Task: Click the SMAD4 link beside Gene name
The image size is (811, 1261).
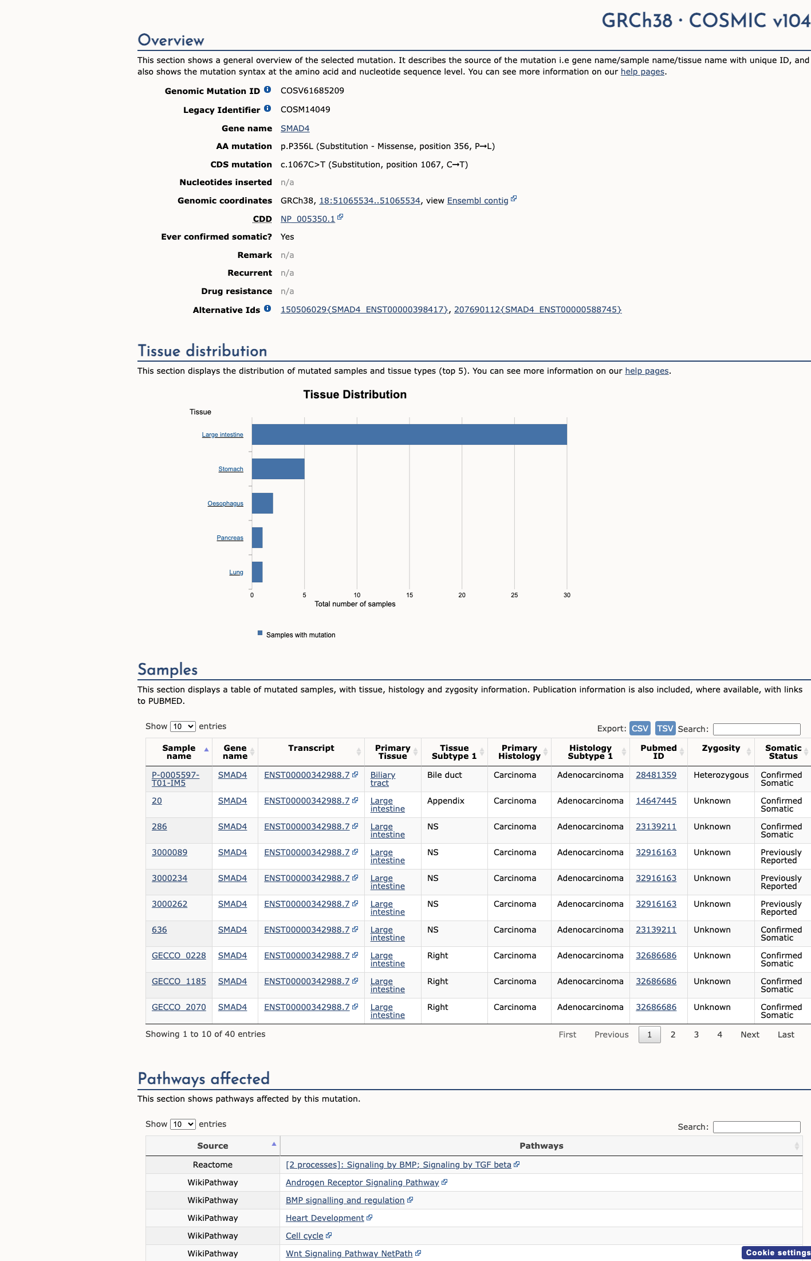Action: [x=295, y=128]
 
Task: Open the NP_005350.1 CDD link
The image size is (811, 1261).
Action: [x=308, y=219]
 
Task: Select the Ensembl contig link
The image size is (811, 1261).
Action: [x=478, y=201]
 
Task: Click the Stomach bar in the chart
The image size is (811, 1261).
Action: [x=278, y=469]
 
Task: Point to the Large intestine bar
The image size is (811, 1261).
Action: [x=410, y=434]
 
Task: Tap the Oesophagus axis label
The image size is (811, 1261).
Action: [x=225, y=503]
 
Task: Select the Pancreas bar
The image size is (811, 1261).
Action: [x=257, y=538]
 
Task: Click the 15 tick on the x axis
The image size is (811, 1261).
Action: [x=410, y=595]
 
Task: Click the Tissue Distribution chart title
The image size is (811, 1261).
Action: [x=355, y=394]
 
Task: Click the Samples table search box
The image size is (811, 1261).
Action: [x=757, y=729]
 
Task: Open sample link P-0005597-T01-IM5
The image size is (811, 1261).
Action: [x=176, y=779]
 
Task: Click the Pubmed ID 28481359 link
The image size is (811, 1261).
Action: [x=656, y=775]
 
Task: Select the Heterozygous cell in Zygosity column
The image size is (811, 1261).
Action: [x=721, y=775]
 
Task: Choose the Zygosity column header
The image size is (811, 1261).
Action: [x=721, y=748]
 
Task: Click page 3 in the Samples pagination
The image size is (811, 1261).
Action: [x=696, y=1035]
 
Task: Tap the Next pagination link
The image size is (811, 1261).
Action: [x=750, y=1035]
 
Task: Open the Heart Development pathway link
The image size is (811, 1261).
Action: [x=325, y=1218]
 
